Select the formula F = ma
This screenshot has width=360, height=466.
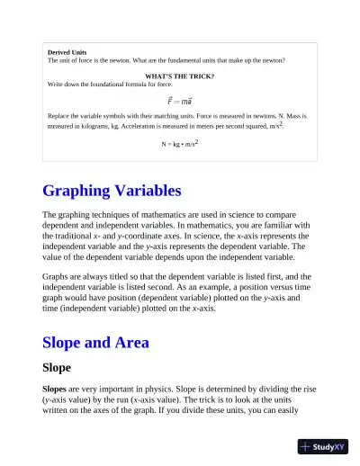[x=179, y=101]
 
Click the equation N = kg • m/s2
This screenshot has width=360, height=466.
[x=179, y=143]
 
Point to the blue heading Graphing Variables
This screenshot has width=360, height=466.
[x=112, y=191]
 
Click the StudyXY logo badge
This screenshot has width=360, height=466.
[x=323, y=446]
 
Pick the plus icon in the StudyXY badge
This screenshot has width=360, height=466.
[x=307, y=446]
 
